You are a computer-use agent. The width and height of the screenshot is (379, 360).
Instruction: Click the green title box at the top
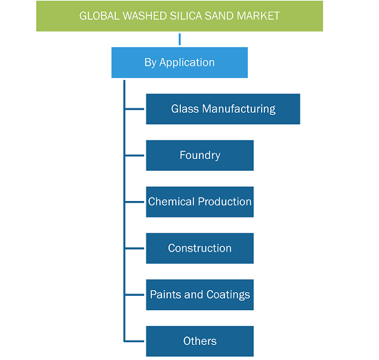(179, 16)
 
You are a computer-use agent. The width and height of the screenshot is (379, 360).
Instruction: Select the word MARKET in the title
(258, 16)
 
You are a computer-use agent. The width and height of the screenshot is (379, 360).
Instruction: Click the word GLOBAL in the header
(99, 16)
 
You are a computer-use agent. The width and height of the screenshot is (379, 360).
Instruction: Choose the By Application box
(179, 62)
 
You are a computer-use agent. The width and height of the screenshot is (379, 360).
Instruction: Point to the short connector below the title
(179, 39)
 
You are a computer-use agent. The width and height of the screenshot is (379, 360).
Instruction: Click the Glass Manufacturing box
(223, 109)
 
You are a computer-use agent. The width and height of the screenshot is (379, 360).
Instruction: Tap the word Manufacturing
(239, 109)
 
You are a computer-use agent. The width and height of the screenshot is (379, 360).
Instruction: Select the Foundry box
(200, 155)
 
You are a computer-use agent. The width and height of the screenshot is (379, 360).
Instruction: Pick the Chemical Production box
(200, 202)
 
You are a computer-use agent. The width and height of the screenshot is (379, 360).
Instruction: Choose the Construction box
(200, 248)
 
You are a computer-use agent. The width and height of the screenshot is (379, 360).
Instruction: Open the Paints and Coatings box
(200, 294)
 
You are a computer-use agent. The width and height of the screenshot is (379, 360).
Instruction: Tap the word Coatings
(229, 295)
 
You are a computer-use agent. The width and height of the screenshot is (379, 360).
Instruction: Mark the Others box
(200, 341)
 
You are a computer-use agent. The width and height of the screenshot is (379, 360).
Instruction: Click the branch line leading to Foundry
(135, 155)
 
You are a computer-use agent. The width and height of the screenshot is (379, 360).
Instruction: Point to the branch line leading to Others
(135, 341)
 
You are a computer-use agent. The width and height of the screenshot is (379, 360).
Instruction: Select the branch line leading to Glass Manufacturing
(135, 109)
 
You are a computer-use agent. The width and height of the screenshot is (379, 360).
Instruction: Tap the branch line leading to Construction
(135, 248)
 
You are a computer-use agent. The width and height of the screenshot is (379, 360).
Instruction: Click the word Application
(187, 63)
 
